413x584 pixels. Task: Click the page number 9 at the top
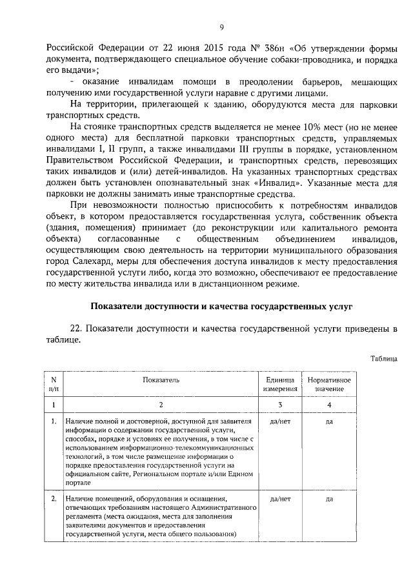tap(221, 26)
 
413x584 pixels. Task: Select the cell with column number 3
tap(281, 404)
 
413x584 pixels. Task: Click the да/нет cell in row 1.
tap(281, 421)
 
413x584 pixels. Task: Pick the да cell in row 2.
tap(329, 498)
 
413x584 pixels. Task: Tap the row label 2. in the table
tap(54, 498)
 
